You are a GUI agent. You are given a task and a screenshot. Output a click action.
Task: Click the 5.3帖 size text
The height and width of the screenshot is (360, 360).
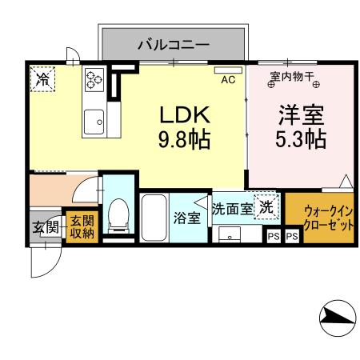tap(300, 139)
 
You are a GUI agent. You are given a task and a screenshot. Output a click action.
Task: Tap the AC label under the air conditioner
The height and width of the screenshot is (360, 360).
tap(227, 79)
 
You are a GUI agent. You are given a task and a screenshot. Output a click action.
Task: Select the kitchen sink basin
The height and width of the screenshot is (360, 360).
tap(93, 121)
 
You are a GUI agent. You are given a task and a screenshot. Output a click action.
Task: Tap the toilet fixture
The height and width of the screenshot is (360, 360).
tap(119, 214)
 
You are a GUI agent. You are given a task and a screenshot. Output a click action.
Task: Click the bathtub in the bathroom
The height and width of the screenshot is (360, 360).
tap(153, 218)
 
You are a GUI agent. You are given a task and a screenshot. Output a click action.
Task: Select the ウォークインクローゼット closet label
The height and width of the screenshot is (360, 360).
tap(328, 218)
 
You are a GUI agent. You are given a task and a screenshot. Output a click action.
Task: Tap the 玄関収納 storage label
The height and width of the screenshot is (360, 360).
tap(81, 226)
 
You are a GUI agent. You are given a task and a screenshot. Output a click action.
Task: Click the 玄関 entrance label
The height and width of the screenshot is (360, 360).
tap(46, 227)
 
